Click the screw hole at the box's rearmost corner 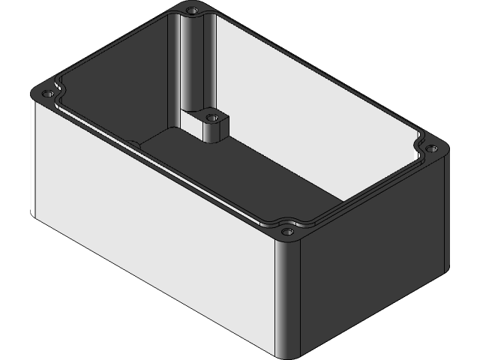point(193,11)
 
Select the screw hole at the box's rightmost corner point(430,148)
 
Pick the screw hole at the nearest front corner point(287,232)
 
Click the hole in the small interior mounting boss point(212,118)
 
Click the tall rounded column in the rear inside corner point(190,67)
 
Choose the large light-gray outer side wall point(150,225)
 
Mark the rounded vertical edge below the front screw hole point(288,300)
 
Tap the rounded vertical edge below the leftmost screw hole point(34,157)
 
